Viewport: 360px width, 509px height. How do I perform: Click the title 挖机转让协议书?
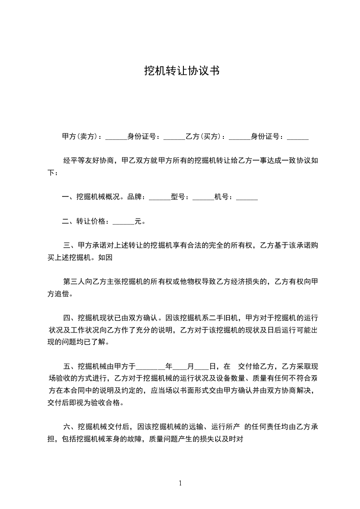[182, 71]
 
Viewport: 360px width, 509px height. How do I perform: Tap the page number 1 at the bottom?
[180, 483]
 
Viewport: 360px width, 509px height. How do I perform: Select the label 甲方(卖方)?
[81, 136]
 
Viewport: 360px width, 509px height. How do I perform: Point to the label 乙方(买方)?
[206, 136]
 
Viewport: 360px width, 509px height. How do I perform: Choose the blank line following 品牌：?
[159, 199]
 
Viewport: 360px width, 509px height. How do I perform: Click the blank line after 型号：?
[203, 199]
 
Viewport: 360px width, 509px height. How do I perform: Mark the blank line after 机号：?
[247, 199]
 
